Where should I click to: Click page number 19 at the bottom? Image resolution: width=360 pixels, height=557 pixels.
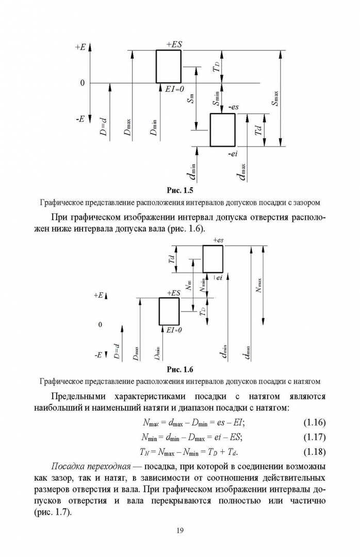[179, 530]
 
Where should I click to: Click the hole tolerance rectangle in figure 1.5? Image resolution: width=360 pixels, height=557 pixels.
[169, 67]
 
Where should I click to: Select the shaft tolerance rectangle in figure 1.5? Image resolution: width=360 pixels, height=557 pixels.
[222, 129]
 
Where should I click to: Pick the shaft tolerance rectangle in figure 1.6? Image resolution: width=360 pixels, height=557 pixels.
[213, 259]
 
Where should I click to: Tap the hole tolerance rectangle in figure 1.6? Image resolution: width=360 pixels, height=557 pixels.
[169, 311]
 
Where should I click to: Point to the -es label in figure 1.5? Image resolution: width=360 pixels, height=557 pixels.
[233, 107]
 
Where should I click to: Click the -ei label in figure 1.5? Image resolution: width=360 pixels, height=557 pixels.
[232, 153]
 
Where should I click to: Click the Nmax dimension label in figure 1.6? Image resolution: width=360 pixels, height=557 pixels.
[259, 285]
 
